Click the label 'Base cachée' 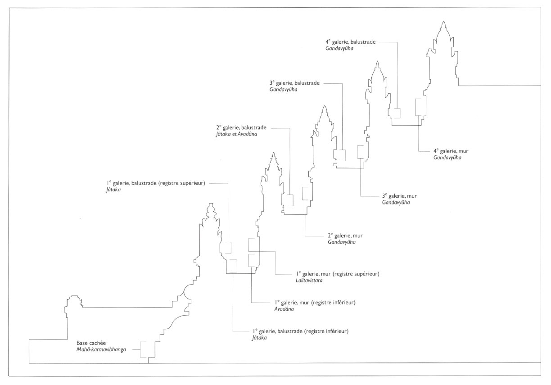coord(91,343)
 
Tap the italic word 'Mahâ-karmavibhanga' coord(101,349)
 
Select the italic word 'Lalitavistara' coord(309,280)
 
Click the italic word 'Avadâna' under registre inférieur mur coord(284,309)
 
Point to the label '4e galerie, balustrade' coord(351,42)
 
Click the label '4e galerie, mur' coord(451,151)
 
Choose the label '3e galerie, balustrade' coord(294,83)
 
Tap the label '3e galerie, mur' coord(399,196)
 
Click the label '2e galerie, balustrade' coord(241,127)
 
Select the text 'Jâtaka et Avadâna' coord(237,134)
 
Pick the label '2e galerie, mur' coord(345,236)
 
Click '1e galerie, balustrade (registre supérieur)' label coord(156,183)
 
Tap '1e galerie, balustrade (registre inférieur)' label coord(300,331)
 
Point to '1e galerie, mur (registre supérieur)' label coord(338,274)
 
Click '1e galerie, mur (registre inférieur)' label coord(315,302)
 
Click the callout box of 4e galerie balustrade coord(396,113)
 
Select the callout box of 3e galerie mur coord(361,152)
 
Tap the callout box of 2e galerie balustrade coord(289,200)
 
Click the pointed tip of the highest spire coord(443,22)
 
